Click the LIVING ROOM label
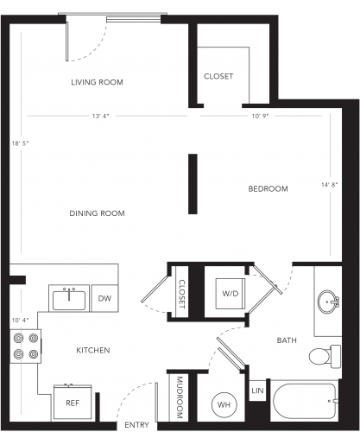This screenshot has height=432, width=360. click(97, 82)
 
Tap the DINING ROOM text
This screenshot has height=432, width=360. click(97, 213)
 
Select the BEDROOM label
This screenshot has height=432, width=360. click(268, 188)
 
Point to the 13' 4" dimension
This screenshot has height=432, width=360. click(100, 116)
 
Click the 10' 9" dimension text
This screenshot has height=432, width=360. click(260, 116)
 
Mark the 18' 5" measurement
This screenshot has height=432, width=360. click(21, 143)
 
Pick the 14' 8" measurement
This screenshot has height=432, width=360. click(330, 185)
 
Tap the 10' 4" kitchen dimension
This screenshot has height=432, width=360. click(21, 321)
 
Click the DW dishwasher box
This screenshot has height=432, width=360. click(104, 298)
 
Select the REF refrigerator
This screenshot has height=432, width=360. click(73, 402)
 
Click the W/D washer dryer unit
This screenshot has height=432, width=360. click(231, 294)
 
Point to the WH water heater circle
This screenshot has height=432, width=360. click(224, 404)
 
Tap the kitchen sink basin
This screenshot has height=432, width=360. click(69, 301)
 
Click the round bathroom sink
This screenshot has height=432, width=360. click(327, 302)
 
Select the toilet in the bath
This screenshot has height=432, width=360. click(325, 356)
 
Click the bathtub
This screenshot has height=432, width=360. click(305, 401)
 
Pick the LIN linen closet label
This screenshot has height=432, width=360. click(257, 391)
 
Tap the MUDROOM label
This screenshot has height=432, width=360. click(180, 397)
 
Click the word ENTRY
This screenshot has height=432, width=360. click(136, 425)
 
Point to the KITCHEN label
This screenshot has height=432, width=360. click(93, 350)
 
